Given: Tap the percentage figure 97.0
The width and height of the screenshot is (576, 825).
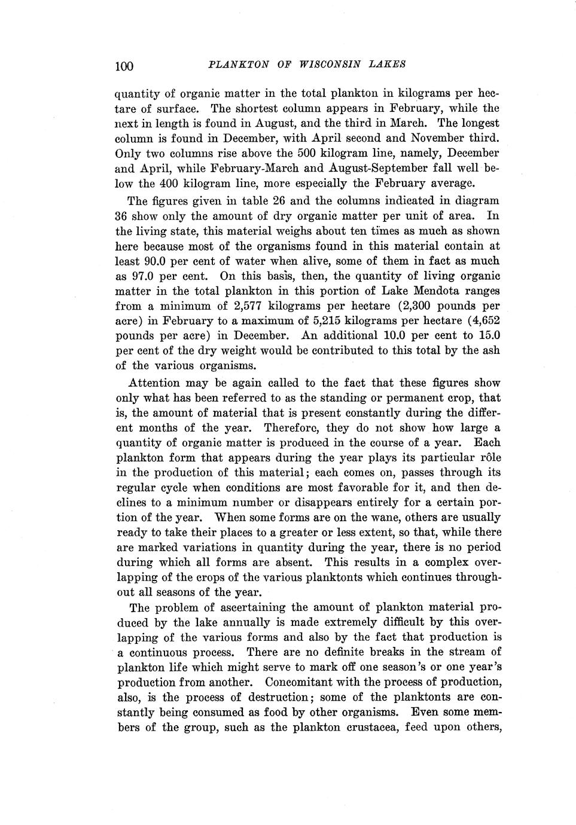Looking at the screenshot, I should pyautogui.click(x=143, y=276).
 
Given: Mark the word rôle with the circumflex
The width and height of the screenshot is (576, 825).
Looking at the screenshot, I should pyautogui.click(x=490, y=457).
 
